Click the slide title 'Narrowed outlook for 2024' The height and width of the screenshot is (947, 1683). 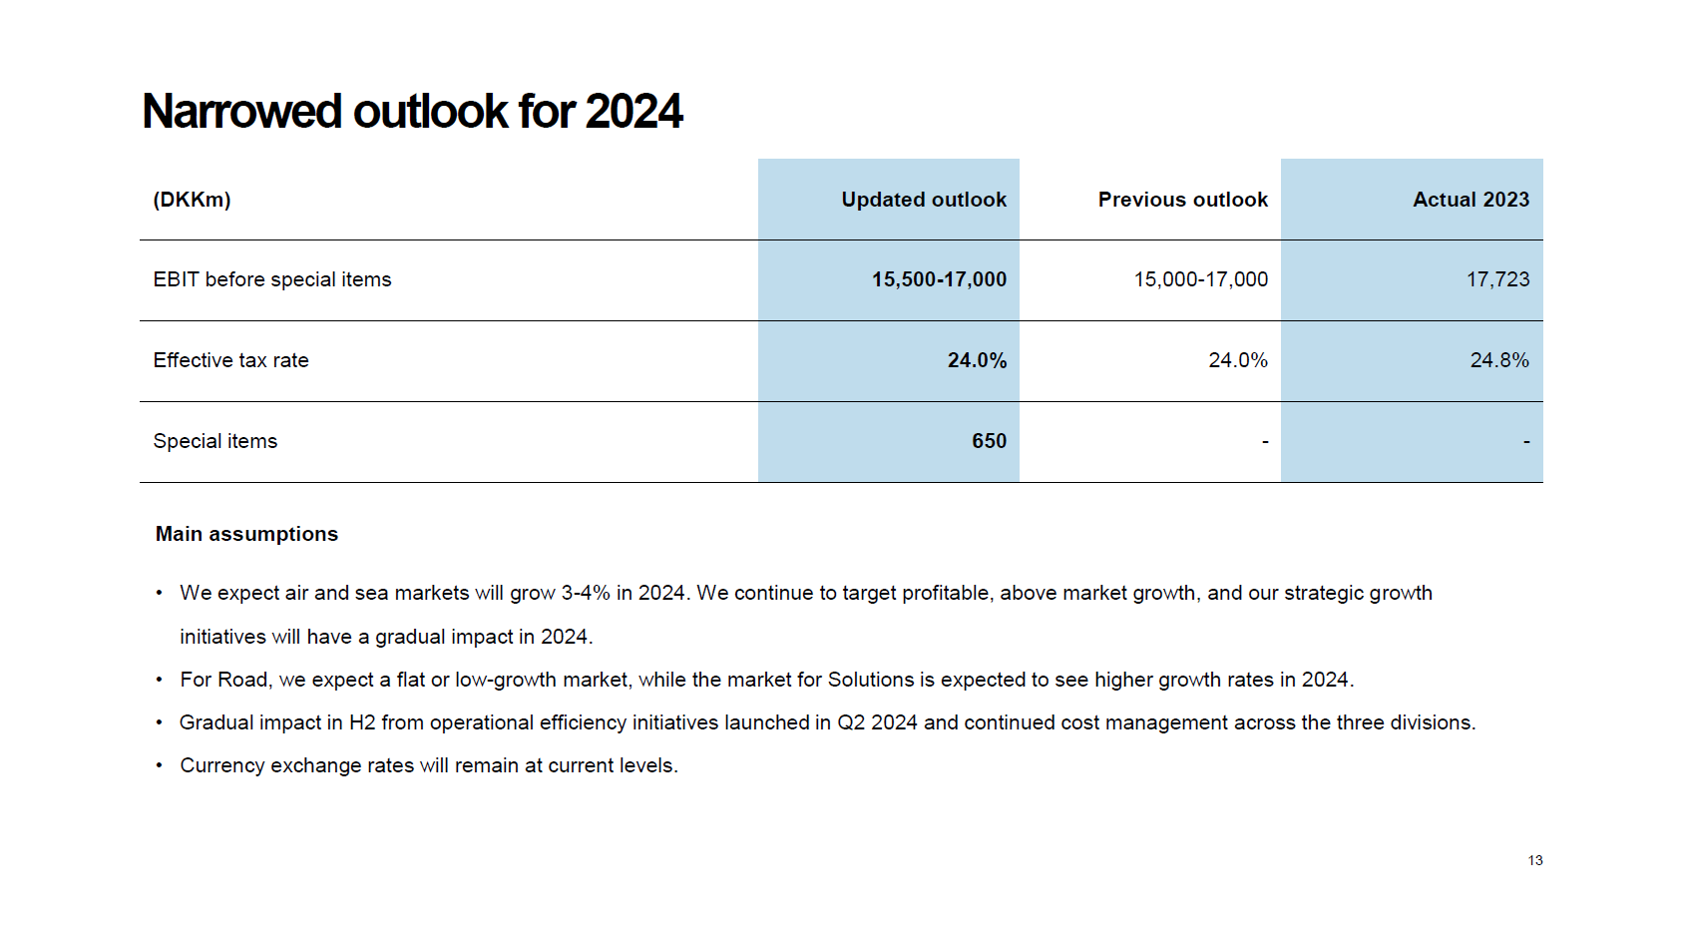[x=412, y=112]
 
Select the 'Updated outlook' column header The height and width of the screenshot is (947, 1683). [x=924, y=200]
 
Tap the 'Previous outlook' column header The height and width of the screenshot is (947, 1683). [x=1182, y=200]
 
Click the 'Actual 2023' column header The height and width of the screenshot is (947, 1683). [x=1471, y=200]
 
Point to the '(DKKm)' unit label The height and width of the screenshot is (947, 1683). [x=192, y=200]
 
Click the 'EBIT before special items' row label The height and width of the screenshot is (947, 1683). [x=272, y=279]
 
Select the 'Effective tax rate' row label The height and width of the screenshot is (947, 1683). [x=230, y=360]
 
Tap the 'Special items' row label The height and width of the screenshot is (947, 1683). [x=214, y=441]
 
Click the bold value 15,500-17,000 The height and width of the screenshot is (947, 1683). [x=939, y=279]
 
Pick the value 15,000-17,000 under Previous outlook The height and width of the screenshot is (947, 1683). [x=1200, y=279]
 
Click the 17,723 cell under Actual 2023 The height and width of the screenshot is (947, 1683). [x=1497, y=279]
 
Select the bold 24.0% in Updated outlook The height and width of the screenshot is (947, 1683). [x=977, y=360]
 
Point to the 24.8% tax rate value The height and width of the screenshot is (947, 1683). [x=1498, y=360]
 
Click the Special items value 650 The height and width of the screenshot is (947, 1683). [x=989, y=441]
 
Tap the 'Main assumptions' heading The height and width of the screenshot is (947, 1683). [x=246, y=534]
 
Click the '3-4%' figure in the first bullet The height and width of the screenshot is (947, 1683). [x=586, y=593]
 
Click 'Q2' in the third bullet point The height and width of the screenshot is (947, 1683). [x=850, y=722]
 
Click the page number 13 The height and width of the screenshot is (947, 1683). [x=1534, y=860]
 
